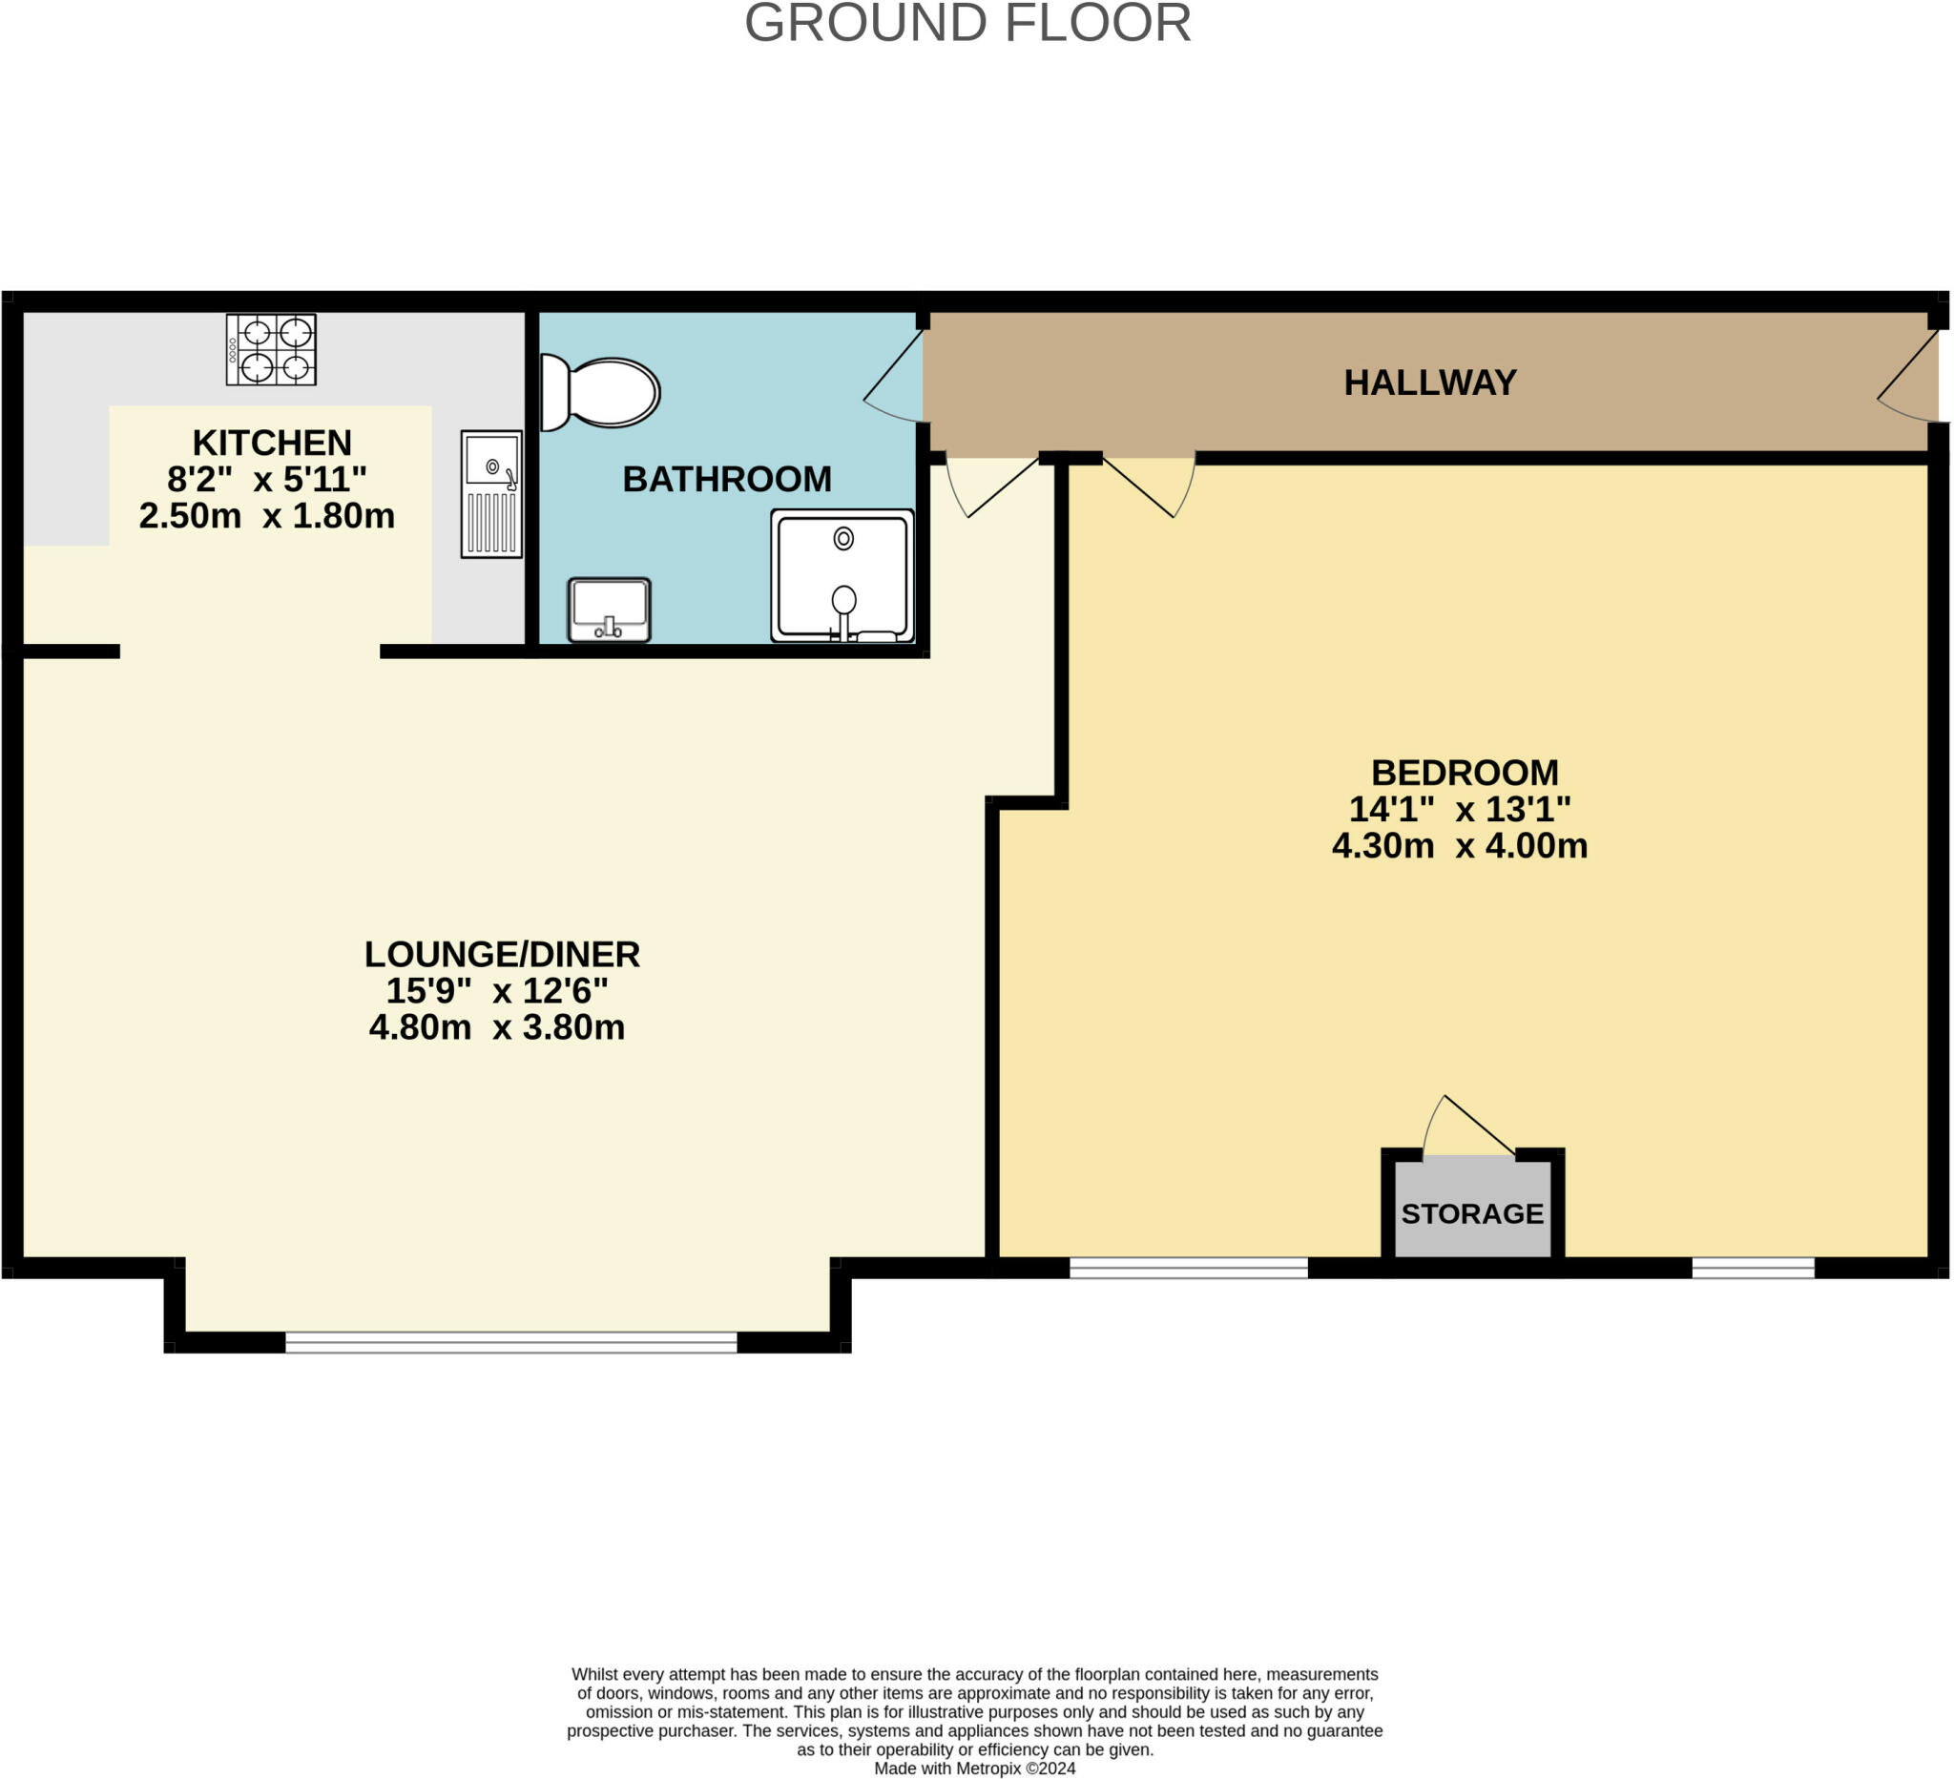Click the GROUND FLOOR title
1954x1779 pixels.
pyautogui.click(x=967, y=23)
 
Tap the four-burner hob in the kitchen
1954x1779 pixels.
pyautogui.click(x=271, y=350)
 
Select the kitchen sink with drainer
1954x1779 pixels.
pyautogui.click(x=491, y=494)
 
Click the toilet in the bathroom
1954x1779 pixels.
pyautogui.click(x=601, y=392)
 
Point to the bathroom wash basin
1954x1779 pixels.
pyautogui.click(x=609, y=610)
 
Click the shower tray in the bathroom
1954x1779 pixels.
pyautogui.click(x=842, y=575)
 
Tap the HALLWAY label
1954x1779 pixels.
pyautogui.click(x=1429, y=383)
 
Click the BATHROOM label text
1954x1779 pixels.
pyautogui.click(x=727, y=480)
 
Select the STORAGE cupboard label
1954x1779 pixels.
pyautogui.click(x=1472, y=1214)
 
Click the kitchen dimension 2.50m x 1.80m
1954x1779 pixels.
pyautogui.click(x=266, y=516)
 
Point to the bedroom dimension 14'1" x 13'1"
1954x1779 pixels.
pyautogui.click(x=1460, y=809)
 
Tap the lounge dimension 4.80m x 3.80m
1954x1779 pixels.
pyautogui.click(x=496, y=1027)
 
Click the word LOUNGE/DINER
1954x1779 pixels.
pyautogui.click(x=502, y=955)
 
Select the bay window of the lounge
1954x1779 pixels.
pyautogui.click(x=510, y=1342)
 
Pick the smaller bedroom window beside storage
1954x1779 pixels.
pyautogui.click(x=1753, y=1268)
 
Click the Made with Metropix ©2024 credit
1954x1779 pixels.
pyautogui.click(x=975, y=1769)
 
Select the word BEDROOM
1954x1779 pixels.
pyautogui.click(x=1465, y=774)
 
